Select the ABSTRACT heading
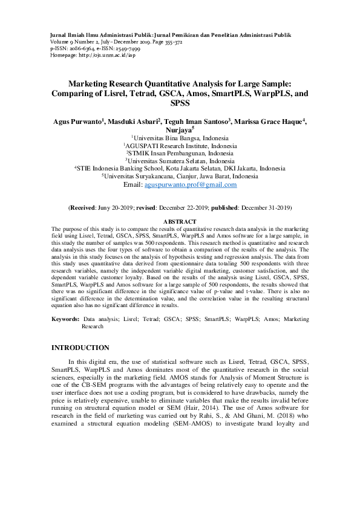(180, 222)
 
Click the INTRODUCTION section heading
(80, 348)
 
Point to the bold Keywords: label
(65, 318)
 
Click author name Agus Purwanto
(78, 121)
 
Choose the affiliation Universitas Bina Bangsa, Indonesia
(181, 138)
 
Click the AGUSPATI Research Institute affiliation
(181, 146)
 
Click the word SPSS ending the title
(180, 103)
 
